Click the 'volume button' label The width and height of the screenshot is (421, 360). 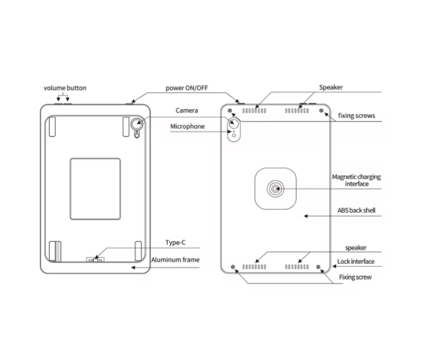[65, 88]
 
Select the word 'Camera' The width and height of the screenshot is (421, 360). [186, 110]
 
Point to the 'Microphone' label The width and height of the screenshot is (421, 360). [186, 126]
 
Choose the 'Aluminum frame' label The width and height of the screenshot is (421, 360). [175, 259]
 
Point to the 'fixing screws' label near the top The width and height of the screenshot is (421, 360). [356, 116]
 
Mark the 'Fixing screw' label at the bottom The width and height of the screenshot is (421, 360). [355, 277]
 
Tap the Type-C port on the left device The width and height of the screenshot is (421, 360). [95, 260]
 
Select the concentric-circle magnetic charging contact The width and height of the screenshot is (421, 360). [276, 188]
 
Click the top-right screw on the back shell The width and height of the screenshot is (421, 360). [322, 110]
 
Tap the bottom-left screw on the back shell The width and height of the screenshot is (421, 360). [235, 267]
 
